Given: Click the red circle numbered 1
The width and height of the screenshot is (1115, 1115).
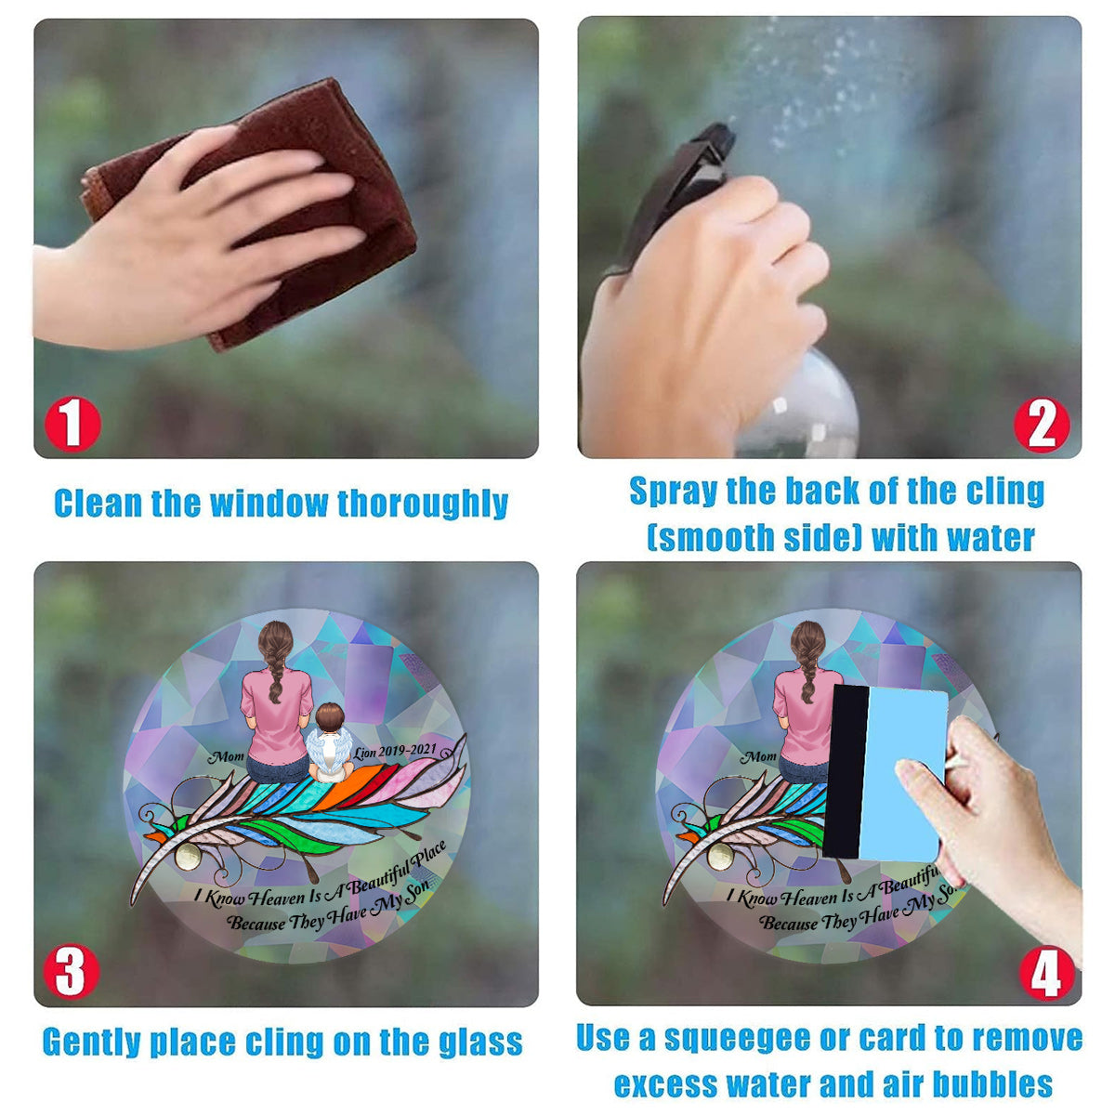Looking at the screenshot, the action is pos(72,424).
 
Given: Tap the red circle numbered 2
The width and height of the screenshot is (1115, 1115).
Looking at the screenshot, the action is pos(1042,425).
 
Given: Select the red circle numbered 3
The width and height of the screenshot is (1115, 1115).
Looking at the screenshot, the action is pos(72,971).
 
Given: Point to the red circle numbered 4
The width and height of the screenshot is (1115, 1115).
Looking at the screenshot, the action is pos(1047,973).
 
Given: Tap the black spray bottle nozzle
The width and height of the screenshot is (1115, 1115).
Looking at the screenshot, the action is pos(683,185).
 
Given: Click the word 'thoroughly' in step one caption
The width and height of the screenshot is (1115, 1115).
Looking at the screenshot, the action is pos(423,505).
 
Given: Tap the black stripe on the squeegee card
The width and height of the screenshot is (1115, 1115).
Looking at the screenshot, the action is pos(846,772).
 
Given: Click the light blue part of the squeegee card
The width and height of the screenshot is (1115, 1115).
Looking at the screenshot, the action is pos(902,775).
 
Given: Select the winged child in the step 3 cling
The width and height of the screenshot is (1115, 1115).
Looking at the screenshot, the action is pos(330,743).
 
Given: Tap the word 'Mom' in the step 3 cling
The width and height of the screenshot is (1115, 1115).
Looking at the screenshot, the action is pos(226,756).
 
